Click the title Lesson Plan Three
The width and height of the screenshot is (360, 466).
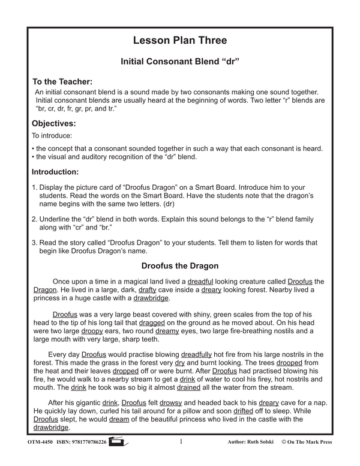[x=180, y=41]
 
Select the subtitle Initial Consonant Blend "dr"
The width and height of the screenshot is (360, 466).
[x=180, y=61]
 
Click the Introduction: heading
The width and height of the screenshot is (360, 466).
[x=62, y=171]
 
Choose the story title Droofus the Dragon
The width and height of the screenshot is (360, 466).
[x=179, y=265]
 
